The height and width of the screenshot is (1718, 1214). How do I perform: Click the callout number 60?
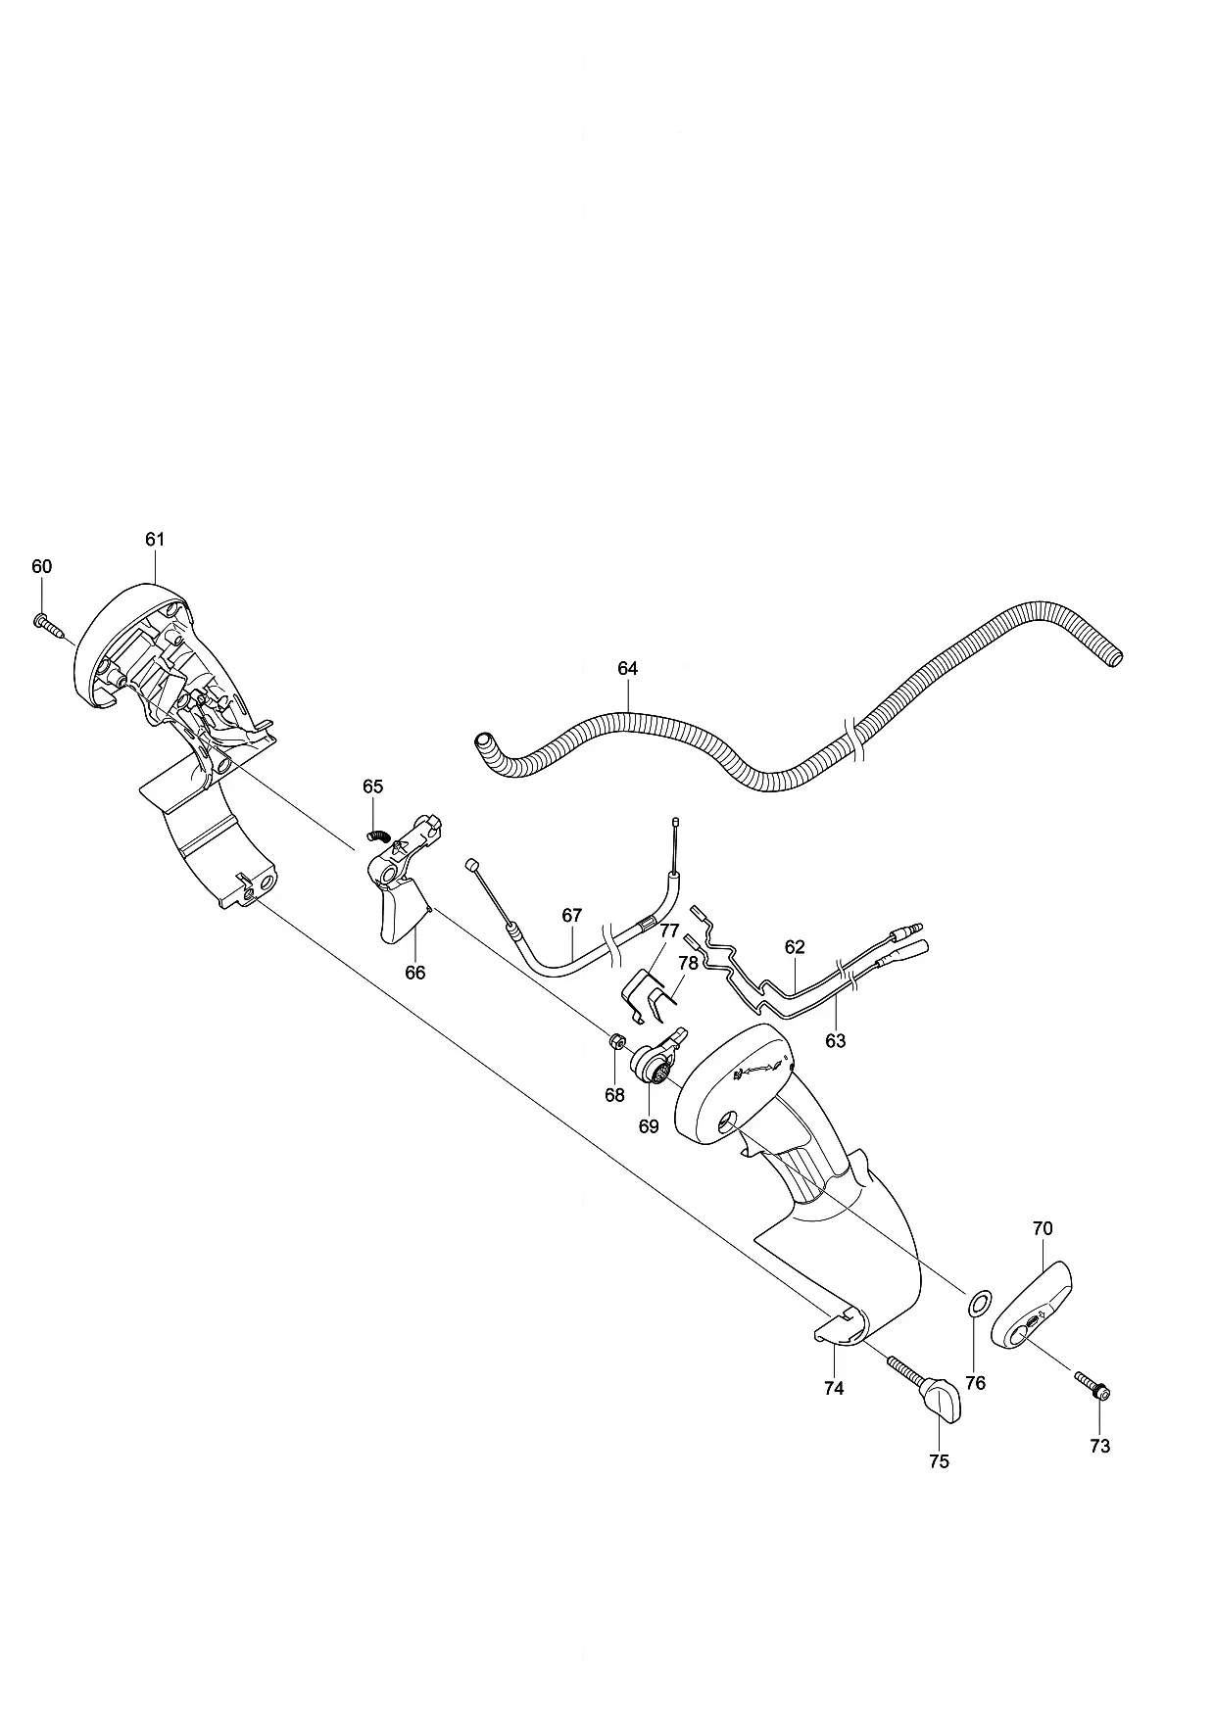tap(41, 566)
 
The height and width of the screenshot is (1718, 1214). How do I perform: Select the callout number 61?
tap(155, 539)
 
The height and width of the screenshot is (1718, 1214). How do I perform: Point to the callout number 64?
tap(627, 668)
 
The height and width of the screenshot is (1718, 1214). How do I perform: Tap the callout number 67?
tap(572, 915)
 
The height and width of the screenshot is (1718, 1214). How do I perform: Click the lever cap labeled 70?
tap(1032, 1306)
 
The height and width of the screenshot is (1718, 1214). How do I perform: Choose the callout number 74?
tap(834, 1388)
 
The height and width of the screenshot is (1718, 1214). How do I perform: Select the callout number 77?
tap(669, 930)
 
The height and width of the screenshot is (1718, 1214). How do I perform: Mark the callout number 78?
tap(688, 963)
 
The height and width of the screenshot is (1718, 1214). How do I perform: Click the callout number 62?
tap(795, 947)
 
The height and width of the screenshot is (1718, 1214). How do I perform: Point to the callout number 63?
tap(835, 1041)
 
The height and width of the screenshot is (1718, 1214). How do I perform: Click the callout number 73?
tap(1100, 1446)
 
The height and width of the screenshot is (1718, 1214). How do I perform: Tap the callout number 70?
tap(1043, 1228)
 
